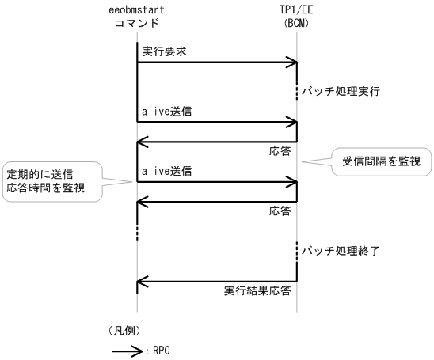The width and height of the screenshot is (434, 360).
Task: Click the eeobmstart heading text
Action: (136, 10)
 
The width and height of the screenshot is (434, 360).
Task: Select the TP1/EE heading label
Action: (296, 10)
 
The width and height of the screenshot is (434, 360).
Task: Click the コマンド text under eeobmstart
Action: (136, 24)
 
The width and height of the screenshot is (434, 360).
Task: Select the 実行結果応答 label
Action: (257, 290)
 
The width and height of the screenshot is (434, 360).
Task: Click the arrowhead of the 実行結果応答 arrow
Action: (143, 280)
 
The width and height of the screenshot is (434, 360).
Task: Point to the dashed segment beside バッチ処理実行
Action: (297, 92)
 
